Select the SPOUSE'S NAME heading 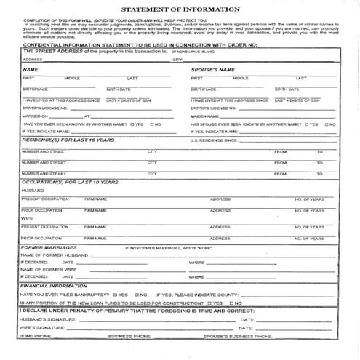213,69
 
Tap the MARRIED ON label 33,116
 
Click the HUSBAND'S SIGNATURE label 46,319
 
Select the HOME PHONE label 36,337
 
